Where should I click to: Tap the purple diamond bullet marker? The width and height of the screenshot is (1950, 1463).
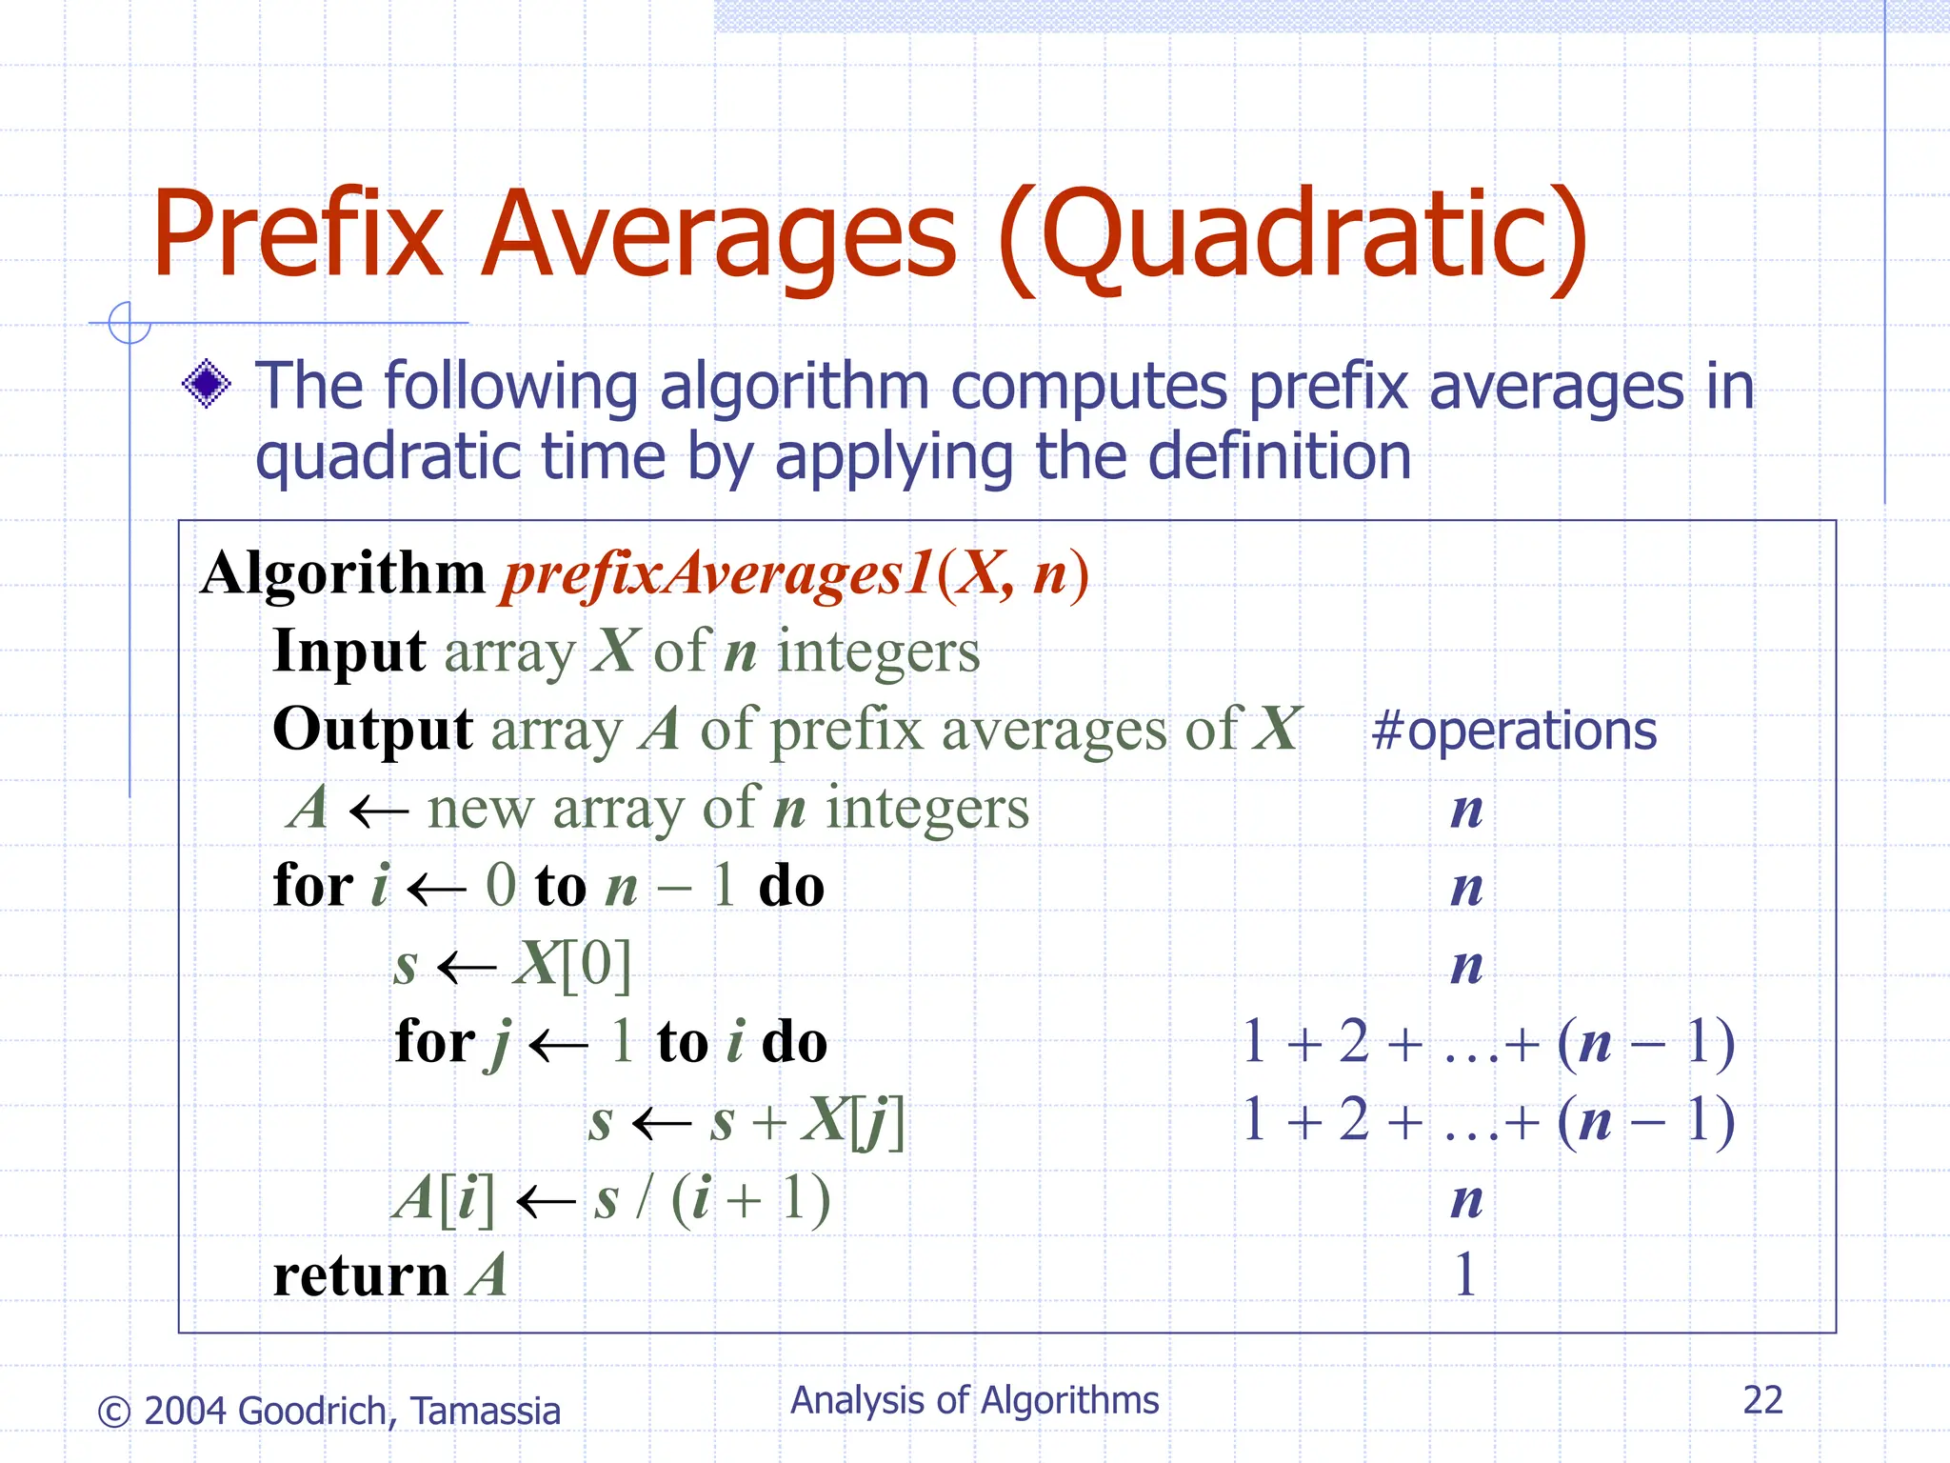[207, 385]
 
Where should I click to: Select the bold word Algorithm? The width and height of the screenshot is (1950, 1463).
[343, 574]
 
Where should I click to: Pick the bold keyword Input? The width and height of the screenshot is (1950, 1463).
[348, 651]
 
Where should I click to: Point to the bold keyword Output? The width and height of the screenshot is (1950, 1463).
[372, 730]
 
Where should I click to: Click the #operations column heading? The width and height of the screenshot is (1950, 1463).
[1514, 731]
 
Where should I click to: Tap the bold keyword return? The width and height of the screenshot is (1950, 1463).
[360, 1276]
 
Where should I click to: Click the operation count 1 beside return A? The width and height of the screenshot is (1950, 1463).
[1465, 1274]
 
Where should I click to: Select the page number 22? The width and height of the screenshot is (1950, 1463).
[1762, 1400]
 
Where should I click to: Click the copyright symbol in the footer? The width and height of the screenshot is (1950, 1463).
[114, 1412]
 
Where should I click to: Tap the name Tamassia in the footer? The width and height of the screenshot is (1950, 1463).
[486, 1412]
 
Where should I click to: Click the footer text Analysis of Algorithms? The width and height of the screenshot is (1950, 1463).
[974, 1400]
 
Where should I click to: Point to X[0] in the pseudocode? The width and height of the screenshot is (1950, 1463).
[572, 964]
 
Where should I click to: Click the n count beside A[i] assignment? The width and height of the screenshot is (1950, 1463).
[1466, 1200]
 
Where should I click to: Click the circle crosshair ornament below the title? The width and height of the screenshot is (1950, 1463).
[129, 323]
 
